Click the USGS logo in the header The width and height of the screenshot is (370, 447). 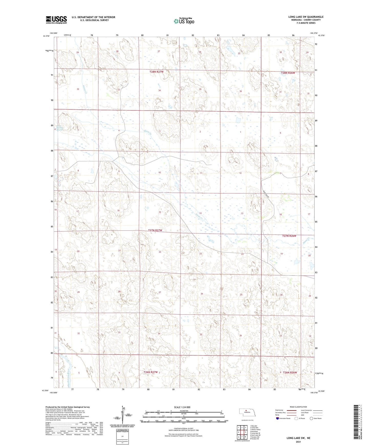coord(56,20)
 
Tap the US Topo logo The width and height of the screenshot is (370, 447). coord(184,21)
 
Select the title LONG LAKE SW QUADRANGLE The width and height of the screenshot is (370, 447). coord(306,17)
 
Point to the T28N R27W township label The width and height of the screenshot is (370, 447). coord(156,72)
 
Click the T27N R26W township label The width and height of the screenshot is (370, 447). coord(289,236)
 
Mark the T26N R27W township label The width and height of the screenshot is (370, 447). coord(151,372)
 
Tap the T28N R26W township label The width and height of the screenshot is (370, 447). coord(288,73)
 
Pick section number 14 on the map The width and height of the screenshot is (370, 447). coord(200,213)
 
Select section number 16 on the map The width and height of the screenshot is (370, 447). coord(118,210)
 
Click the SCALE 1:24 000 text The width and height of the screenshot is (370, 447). coord(182,407)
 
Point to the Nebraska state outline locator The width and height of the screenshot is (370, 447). coord(247,413)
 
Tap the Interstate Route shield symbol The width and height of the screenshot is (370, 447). coord(278,418)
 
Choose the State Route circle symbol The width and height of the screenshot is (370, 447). coord(311,418)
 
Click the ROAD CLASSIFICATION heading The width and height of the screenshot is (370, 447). coord(298,407)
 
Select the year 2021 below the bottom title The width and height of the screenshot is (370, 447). coord(298,442)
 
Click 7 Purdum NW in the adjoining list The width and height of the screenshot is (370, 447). coord(255,437)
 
